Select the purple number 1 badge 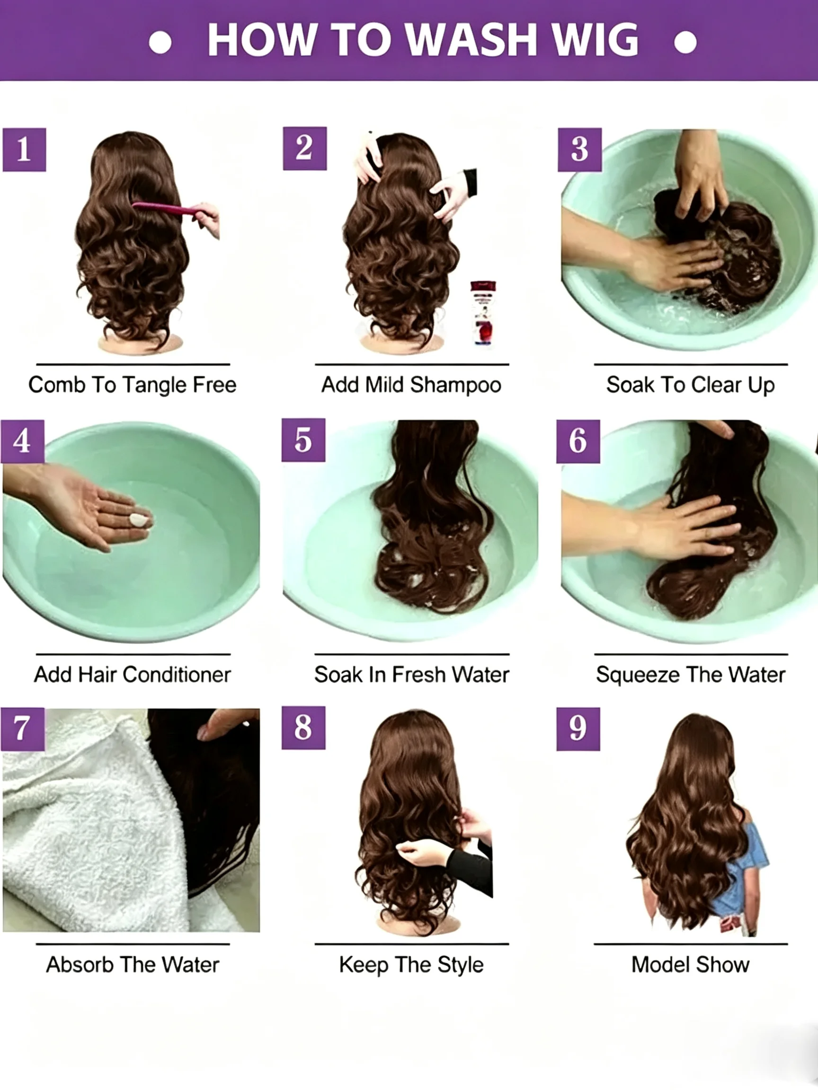point(24,150)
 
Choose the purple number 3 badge point(579,150)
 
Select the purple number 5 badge point(303,440)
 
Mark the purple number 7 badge point(23,730)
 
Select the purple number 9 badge point(578,730)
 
